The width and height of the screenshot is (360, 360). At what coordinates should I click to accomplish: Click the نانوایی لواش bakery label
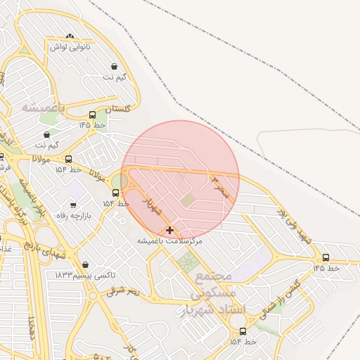(x=67, y=46)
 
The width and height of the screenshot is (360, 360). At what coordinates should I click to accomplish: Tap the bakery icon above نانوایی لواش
(x=69, y=36)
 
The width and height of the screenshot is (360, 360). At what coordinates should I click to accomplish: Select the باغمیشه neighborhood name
(x=43, y=108)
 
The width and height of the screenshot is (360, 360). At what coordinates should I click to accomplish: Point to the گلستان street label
(x=117, y=109)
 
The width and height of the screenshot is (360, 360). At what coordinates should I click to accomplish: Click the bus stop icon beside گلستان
(x=92, y=115)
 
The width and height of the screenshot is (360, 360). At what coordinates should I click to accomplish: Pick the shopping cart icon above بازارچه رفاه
(x=72, y=205)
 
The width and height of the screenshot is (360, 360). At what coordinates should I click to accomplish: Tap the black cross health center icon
(x=169, y=230)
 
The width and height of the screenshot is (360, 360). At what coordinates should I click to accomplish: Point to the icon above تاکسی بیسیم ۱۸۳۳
(x=85, y=265)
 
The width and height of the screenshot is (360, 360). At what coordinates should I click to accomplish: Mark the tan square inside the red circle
(x=186, y=201)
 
